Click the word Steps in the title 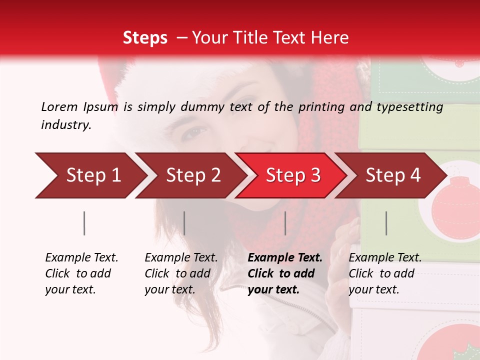[145, 38]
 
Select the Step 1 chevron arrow [90, 175]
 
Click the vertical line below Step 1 [84, 223]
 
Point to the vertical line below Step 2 [184, 223]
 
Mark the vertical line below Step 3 [285, 223]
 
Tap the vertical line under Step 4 [386, 223]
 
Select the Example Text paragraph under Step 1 [81, 273]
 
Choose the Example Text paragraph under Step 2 [181, 273]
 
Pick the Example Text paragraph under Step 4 [385, 273]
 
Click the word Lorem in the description [59, 106]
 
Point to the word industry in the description [66, 125]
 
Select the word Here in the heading [331, 38]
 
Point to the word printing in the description [322, 107]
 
